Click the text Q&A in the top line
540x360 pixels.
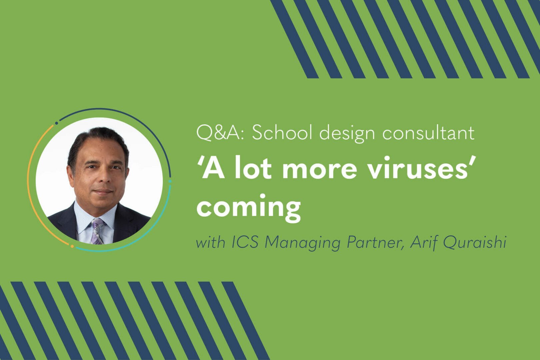[218, 133]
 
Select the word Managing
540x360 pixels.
[303, 244]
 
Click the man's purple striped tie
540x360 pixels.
[97, 231]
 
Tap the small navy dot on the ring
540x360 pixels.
[56, 123]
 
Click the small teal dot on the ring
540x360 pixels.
[170, 181]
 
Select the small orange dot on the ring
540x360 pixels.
[72, 246]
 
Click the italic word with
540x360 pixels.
[210, 243]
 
